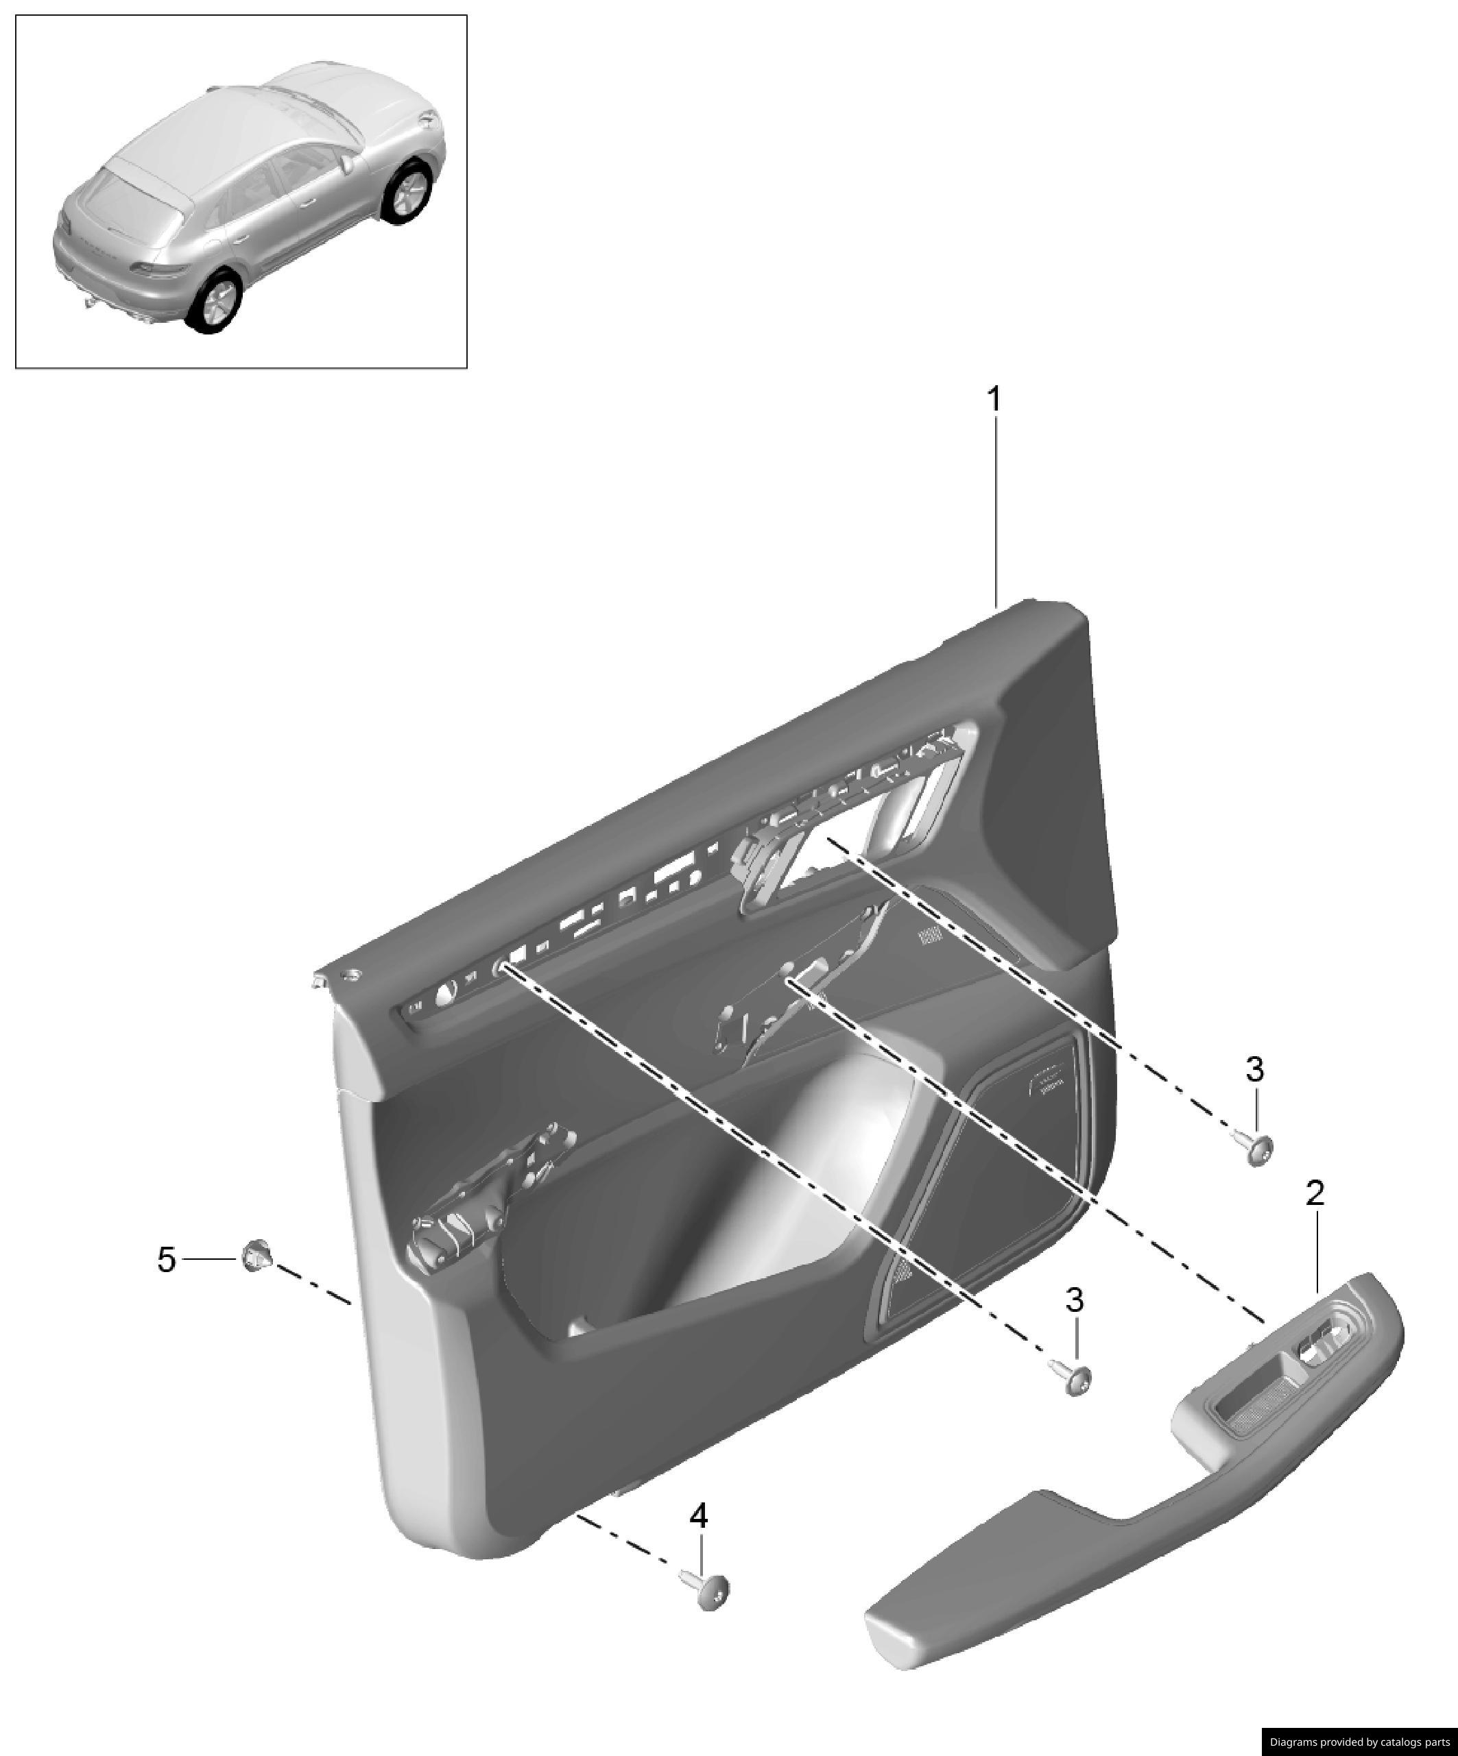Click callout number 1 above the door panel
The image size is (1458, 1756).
pyautogui.click(x=994, y=400)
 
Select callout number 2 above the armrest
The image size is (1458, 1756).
pyautogui.click(x=1315, y=1193)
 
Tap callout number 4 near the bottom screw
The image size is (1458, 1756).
pyautogui.click(x=698, y=1515)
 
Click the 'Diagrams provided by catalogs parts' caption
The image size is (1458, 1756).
pyautogui.click(x=1359, y=1742)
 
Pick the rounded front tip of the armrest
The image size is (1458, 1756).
pyautogui.click(x=891, y=1635)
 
